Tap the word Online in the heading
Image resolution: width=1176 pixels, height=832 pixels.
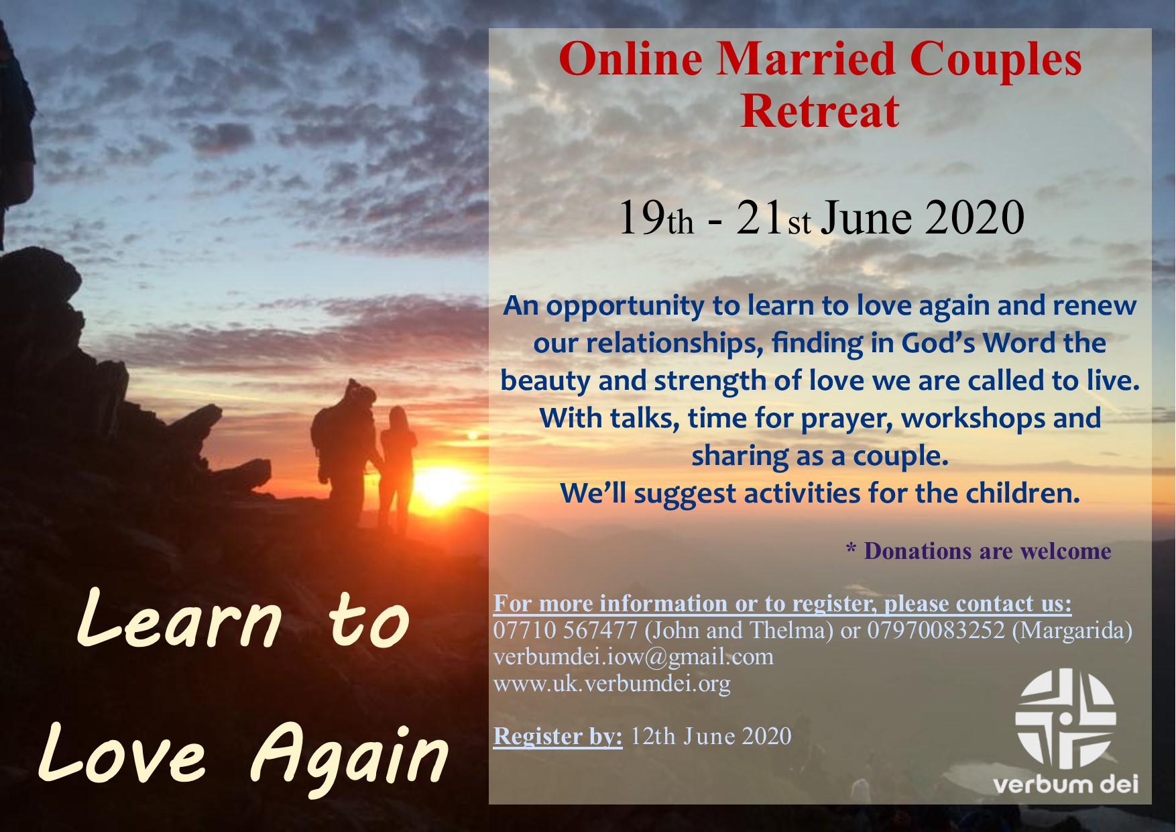pyautogui.click(x=630, y=59)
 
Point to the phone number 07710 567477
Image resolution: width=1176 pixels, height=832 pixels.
pyautogui.click(x=565, y=631)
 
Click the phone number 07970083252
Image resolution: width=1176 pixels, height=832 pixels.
pyautogui.click(x=936, y=631)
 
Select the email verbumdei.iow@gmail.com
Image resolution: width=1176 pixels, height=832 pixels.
pyautogui.click(x=634, y=657)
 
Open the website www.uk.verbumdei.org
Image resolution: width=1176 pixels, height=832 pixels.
pyautogui.click(x=612, y=684)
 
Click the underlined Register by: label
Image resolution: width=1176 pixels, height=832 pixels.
pyautogui.click(x=558, y=737)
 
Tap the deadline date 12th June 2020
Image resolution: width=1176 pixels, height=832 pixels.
pyautogui.click(x=711, y=736)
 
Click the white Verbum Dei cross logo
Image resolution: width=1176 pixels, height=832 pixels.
pyautogui.click(x=1065, y=719)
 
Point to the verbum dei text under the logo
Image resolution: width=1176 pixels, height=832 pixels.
pyautogui.click(x=1065, y=784)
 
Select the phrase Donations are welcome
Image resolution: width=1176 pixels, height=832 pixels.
pyautogui.click(x=988, y=551)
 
